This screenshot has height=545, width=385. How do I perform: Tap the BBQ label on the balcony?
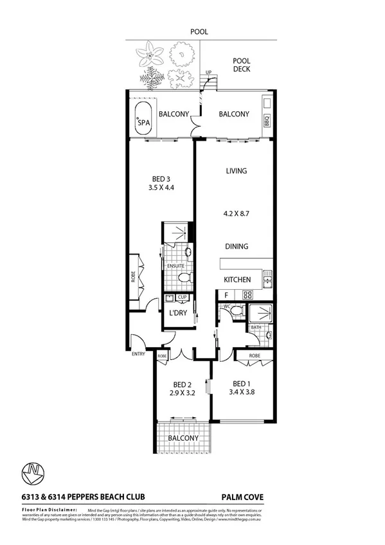point(267,120)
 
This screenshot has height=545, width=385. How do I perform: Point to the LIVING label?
point(237,171)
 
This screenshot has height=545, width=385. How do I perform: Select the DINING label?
point(237,246)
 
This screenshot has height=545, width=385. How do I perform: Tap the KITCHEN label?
point(237,280)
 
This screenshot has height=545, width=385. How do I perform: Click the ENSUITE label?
point(175,265)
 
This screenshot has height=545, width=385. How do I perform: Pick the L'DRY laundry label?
point(177,313)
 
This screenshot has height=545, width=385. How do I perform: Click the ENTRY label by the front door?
point(138,353)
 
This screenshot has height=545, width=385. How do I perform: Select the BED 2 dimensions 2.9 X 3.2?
point(181,392)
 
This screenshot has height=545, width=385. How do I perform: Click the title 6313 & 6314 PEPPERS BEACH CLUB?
point(83,496)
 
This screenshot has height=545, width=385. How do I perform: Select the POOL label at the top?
point(199,31)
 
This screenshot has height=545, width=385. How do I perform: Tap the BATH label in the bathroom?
point(255,327)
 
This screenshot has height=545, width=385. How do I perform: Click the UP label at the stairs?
point(208,73)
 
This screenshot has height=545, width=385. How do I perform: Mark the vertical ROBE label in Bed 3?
point(132,277)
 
